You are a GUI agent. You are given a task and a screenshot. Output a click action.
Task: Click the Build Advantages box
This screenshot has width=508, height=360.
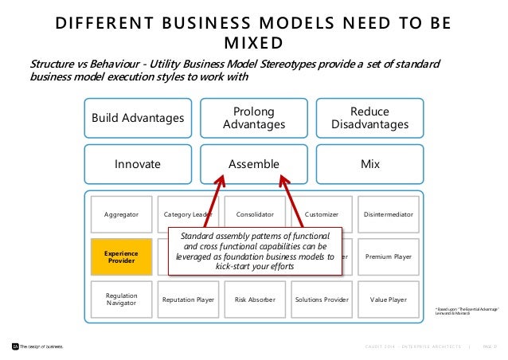pos(137,119)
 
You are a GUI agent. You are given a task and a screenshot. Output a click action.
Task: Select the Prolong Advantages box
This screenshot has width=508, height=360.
pos(254,119)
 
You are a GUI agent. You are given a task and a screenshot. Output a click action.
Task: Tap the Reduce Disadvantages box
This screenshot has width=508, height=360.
pos(369,119)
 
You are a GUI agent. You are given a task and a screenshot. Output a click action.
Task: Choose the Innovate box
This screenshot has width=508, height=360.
pos(137,164)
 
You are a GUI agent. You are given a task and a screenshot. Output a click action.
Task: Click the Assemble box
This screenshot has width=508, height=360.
pos(254,164)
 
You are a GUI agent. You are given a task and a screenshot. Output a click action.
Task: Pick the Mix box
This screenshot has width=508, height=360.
pos(369,164)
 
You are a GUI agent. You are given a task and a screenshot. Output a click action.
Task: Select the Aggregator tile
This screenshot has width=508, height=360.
pos(121,215)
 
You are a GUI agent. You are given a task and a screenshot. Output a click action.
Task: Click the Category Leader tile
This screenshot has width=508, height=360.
pos(188,215)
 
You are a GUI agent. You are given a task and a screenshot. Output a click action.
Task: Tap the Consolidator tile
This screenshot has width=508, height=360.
pos(254,215)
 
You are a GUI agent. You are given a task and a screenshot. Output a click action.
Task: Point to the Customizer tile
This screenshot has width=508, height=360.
pos(321,215)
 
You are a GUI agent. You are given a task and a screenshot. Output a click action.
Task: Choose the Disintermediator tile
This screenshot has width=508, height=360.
pos(388,215)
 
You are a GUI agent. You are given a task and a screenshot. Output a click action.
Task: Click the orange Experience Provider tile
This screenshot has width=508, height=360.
pos(121,257)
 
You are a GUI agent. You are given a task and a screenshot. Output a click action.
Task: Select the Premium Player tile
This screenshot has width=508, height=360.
pos(388,257)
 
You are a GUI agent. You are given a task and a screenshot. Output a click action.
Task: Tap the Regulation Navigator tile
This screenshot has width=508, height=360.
pos(121,299)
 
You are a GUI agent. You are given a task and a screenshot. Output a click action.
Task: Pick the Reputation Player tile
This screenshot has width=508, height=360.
pos(188,299)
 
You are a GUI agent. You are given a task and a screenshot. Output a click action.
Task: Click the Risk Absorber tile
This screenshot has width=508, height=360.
pos(254,299)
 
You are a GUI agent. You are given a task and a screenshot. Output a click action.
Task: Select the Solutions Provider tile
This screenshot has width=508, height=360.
pos(321,299)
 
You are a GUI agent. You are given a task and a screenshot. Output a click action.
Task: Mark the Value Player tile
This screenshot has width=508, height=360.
pos(388,299)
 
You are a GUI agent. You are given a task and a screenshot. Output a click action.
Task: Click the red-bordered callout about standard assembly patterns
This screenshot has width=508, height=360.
pos(256,251)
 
